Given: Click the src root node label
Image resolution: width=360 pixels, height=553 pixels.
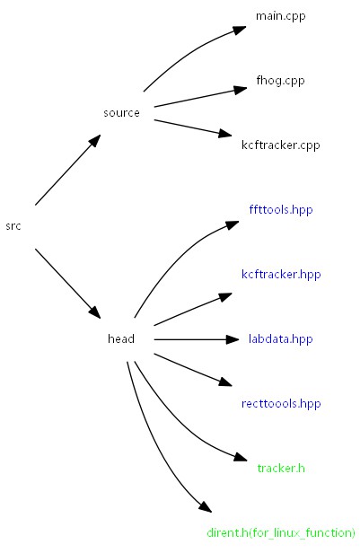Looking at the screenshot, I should (13, 226).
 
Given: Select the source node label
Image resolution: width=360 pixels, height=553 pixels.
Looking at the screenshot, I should (121, 113).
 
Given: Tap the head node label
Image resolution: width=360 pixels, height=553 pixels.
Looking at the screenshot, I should (121, 339).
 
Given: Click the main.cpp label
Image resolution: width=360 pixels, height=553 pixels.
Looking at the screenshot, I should (280, 16).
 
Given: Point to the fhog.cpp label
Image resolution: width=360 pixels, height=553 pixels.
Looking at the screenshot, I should (280, 81).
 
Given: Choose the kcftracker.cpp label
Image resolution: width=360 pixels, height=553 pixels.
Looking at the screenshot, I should (280, 145).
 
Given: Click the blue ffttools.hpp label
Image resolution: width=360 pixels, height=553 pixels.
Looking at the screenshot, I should (280, 210).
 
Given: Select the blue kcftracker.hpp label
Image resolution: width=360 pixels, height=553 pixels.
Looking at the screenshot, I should (280, 275).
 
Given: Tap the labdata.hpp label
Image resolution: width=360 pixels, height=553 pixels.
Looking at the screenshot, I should (280, 339).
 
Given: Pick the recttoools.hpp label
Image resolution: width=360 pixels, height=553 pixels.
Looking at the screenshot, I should (280, 404).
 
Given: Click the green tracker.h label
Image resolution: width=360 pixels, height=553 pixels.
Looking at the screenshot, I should (280, 469).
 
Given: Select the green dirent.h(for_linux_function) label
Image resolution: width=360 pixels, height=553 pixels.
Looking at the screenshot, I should (280, 533).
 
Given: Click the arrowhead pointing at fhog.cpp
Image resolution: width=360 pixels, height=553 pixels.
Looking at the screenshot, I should (240, 89).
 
